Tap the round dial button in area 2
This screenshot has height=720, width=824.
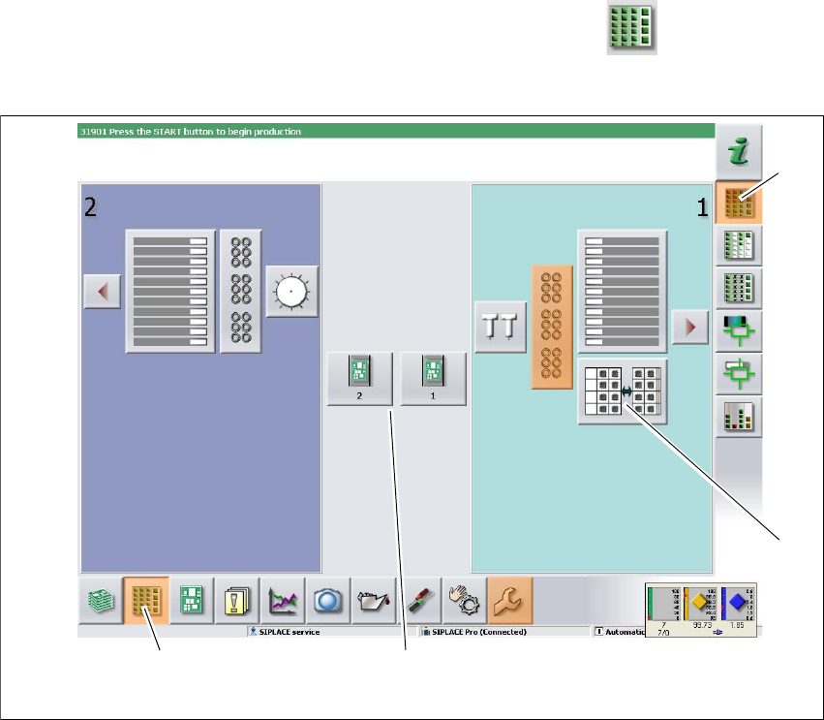coord(292,291)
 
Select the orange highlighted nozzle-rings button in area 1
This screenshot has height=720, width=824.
coord(552,327)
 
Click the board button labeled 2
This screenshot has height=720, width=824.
coord(359,377)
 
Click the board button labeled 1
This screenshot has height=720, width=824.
coord(433,377)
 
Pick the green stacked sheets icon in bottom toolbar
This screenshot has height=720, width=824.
coord(100,601)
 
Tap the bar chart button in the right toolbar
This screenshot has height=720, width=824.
coord(737,418)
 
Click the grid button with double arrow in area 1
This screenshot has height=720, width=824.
coord(623,391)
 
